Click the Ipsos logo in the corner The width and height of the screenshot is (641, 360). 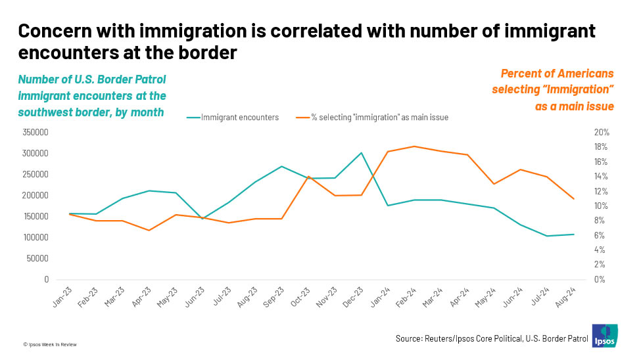[x=605, y=336]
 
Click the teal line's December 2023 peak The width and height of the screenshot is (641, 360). [x=361, y=153]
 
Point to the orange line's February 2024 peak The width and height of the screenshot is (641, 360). [x=414, y=146]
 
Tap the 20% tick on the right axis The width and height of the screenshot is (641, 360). [x=602, y=133]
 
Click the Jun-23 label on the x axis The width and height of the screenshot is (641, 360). [x=195, y=297]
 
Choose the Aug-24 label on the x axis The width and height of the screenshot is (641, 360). [x=565, y=297]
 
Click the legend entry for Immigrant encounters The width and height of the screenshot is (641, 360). [x=233, y=118]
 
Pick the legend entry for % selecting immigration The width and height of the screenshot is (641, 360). [x=372, y=118]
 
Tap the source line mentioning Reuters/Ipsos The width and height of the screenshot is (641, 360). [x=492, y=338]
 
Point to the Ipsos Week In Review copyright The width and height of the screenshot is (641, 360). [x=50, y=344]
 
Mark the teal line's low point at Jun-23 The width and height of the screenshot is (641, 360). [x=202, y=219]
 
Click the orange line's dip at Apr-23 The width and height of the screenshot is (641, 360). [x=149, y=230]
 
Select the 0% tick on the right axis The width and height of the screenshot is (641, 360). [x=600, y=279]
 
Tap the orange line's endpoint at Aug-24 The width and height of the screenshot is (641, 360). [x=573, y=199]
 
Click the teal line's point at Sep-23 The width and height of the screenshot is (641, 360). [x=281, y=166]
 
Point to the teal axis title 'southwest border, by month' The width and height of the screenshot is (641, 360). [x=91, y=112]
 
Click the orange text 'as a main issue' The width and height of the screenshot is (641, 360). [x=575, y=106]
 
